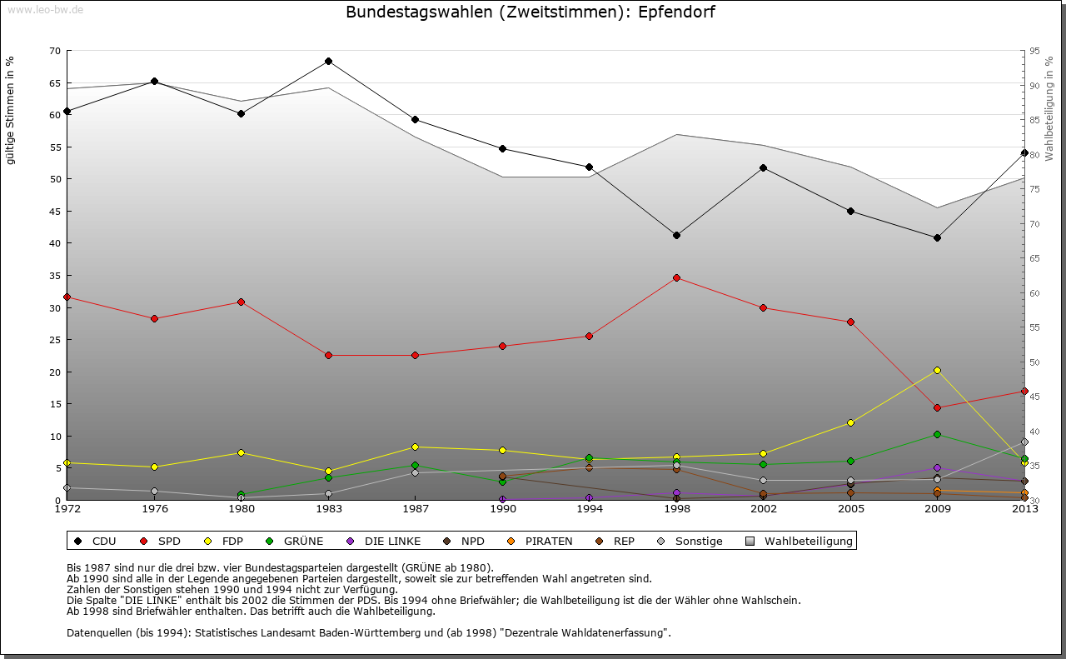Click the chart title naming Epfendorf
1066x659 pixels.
click(530, 12)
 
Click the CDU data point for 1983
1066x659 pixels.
click(328, 61)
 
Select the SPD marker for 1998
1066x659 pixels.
click(676, 277)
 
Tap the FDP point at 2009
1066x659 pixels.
click(937, 370)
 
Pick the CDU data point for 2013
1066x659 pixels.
click(1024, 152)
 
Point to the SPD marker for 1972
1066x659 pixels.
click(67, 297)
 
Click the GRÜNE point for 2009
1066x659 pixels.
click(937, 434)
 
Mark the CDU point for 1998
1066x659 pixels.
click(676, 235)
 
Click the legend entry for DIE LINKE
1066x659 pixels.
click(391, 541)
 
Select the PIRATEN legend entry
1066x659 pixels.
click(548, 541)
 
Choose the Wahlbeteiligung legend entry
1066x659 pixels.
click(808, 541)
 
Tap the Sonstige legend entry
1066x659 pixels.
click(698, 541)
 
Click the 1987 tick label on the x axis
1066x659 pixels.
click(415, 508)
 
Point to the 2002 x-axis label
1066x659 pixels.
click(763, 508)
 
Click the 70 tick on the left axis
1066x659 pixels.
click(55, 51)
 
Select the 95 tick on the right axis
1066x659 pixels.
click(1035, 51)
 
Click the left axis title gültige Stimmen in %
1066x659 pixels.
click(11, 111)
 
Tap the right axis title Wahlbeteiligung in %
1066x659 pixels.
click(1049, 108)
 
